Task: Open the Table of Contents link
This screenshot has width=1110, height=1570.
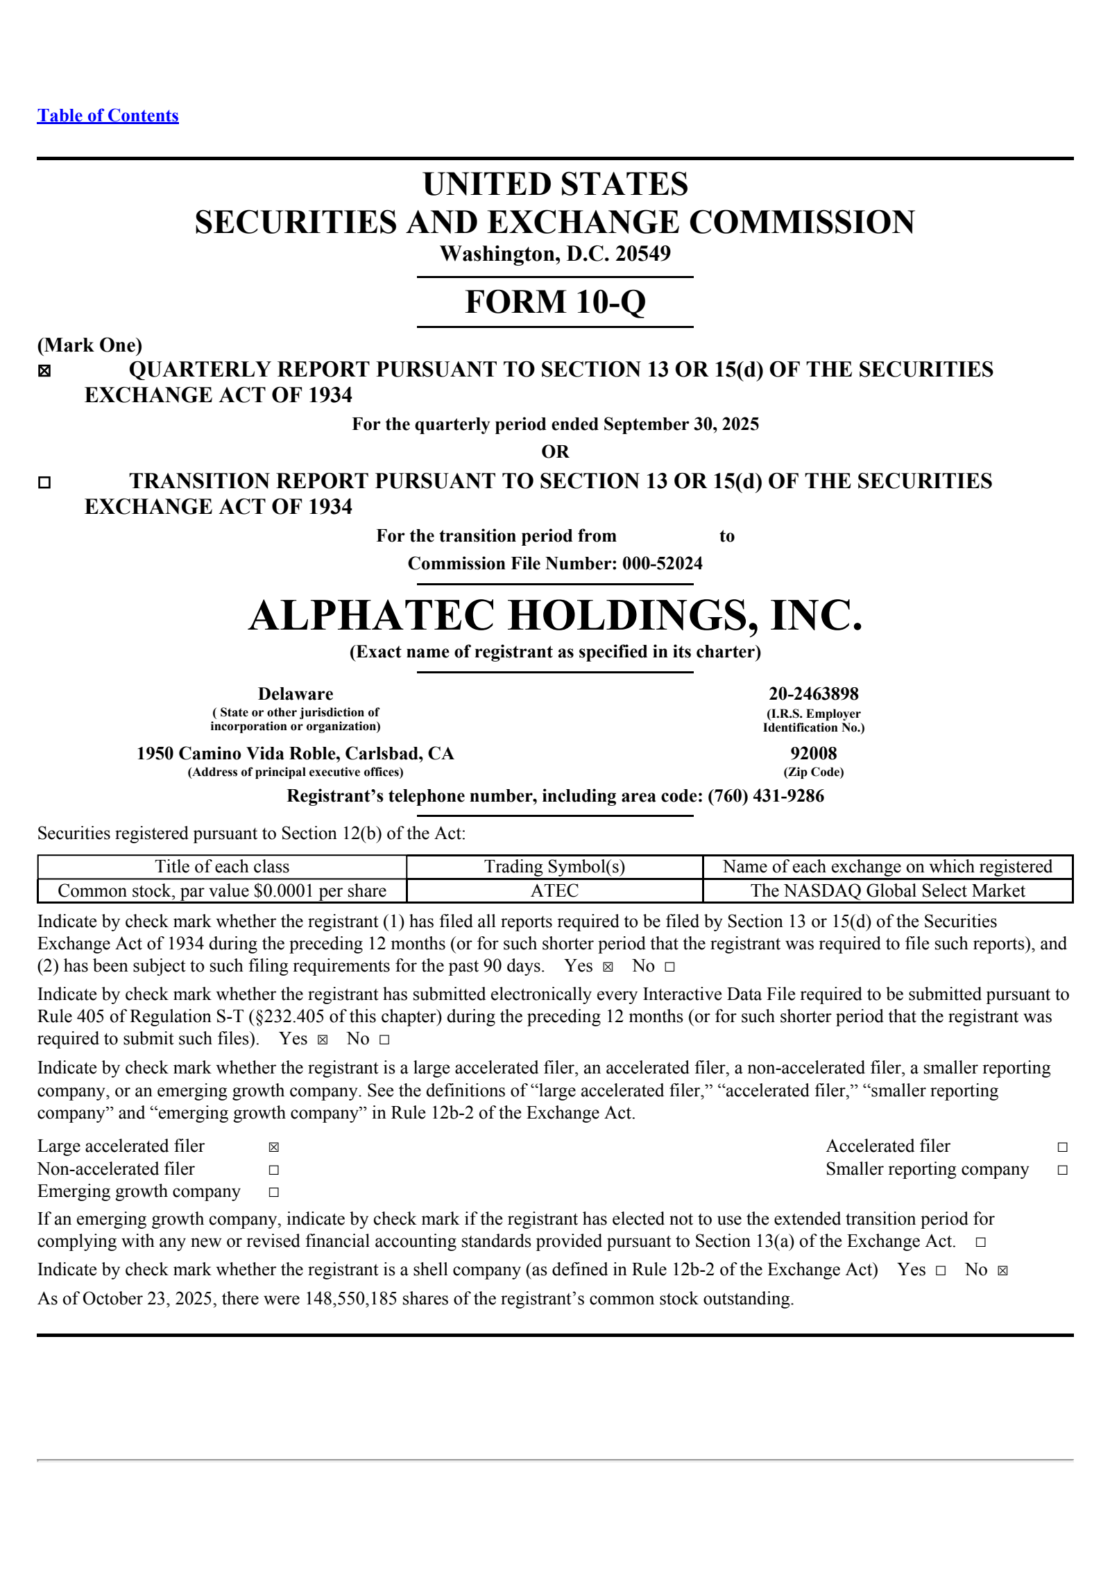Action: pos(108,116)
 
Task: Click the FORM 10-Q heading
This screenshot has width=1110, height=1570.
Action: pos(555,302)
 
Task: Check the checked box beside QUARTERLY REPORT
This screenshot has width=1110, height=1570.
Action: pos(44,371)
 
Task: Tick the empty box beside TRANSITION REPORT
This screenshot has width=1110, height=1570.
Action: pos(44,482)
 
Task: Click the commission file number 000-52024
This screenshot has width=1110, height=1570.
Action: pos(662,563)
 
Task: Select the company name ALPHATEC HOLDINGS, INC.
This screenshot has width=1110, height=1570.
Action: pos(555,616)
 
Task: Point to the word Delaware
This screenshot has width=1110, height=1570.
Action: pos(296,693)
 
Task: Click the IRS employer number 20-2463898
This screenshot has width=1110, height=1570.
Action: pos(813,693)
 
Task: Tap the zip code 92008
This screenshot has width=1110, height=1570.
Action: pos(813,753)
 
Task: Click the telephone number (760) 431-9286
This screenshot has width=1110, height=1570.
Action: pos(766,795)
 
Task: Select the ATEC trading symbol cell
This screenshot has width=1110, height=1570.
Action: pos(554,890)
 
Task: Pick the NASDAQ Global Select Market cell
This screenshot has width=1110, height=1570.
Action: pos(887,890)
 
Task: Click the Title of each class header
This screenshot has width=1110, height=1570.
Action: pos(222,866)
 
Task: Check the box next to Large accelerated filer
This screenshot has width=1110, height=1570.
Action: pos(274,1147)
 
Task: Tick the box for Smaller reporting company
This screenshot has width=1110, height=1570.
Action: pos(1062,1170)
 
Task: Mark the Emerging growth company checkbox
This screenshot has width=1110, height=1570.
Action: pos(274,1192)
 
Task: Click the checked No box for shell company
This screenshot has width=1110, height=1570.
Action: pos(1002,1270)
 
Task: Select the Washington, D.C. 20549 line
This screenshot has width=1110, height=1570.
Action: pos(555,254)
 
